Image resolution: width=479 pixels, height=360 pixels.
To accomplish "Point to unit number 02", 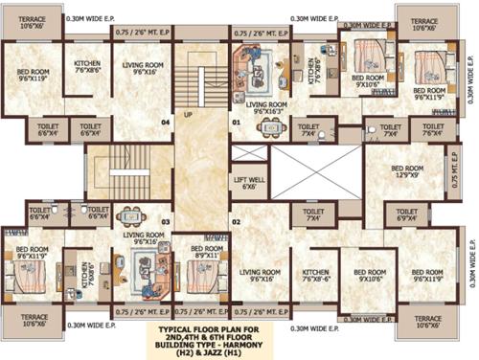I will [235, 222].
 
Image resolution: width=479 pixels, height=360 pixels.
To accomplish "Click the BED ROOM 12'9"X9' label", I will [406, 171].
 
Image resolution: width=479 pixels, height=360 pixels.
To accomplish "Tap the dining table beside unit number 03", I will [133, 216].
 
